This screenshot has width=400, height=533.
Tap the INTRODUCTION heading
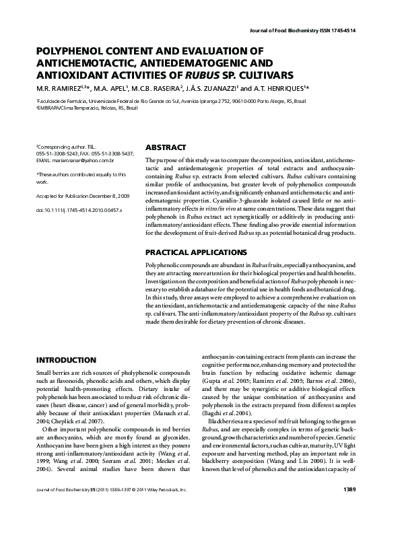[x=65, y=361]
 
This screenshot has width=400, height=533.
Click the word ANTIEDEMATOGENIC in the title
[x=185, y=63]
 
